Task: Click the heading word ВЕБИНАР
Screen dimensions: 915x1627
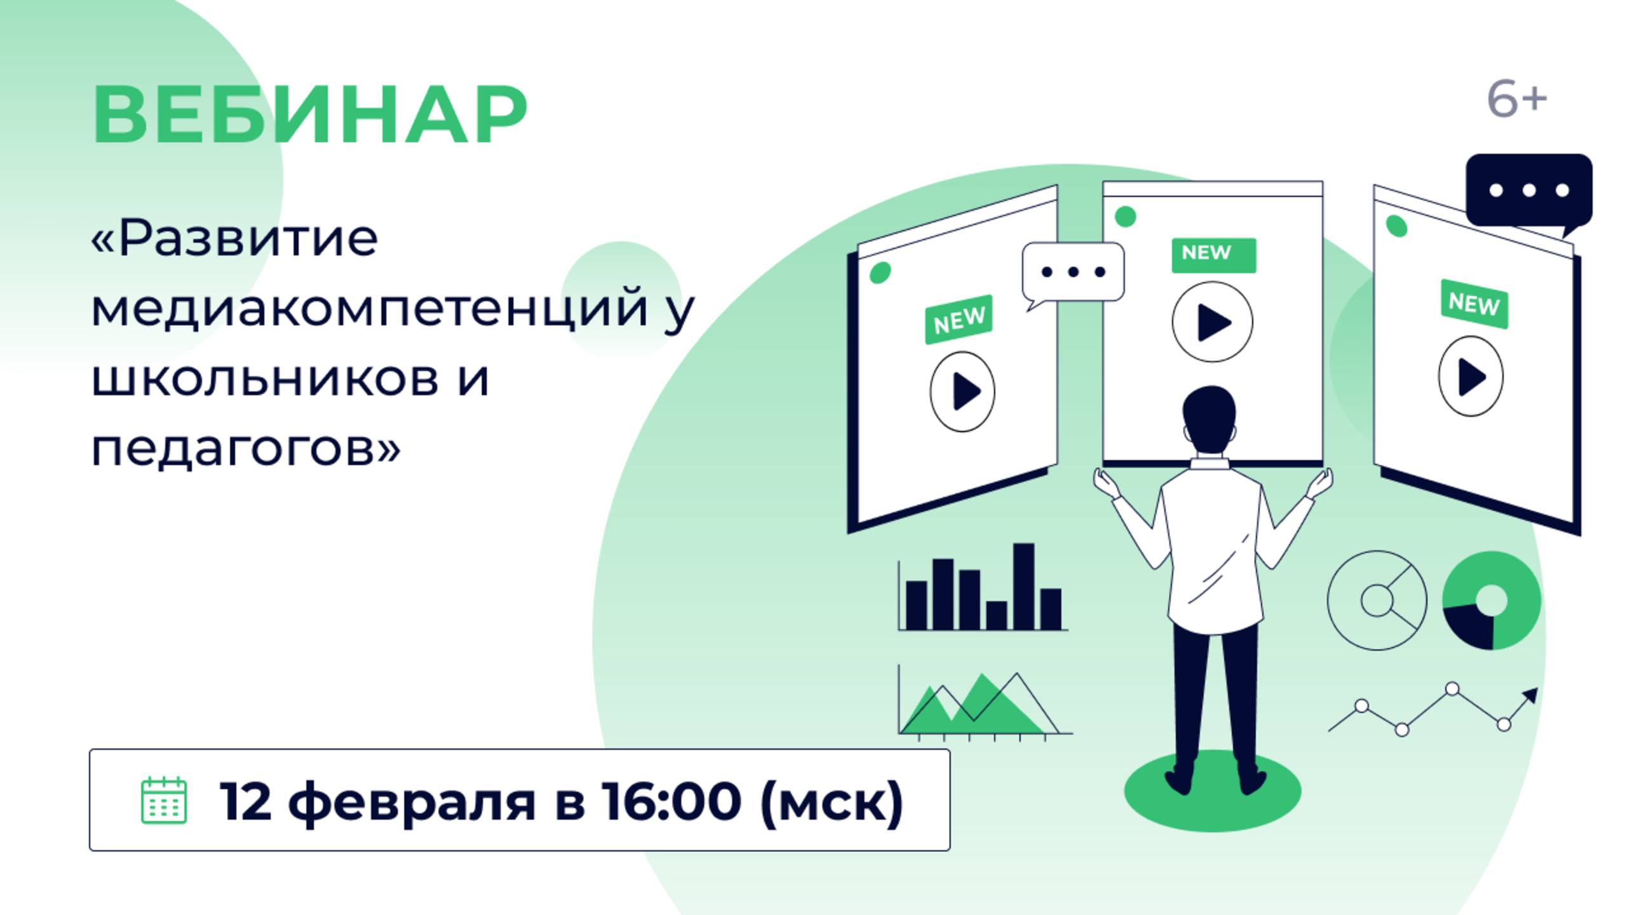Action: click(310, 115)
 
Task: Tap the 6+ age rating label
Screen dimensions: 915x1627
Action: click(1516, 100)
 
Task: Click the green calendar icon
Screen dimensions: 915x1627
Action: click(163, 800)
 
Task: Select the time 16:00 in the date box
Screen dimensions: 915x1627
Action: click(671, 801)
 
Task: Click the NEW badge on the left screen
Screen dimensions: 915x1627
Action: click(958, 320)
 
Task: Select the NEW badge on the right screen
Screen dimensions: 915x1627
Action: click(1474, 304)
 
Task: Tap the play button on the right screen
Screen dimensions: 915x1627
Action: click(1471, 377)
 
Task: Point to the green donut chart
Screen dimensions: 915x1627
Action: click(1491, 600)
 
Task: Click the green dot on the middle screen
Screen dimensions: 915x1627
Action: click(1126, 217)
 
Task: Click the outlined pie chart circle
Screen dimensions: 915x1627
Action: click(1377, 600)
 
